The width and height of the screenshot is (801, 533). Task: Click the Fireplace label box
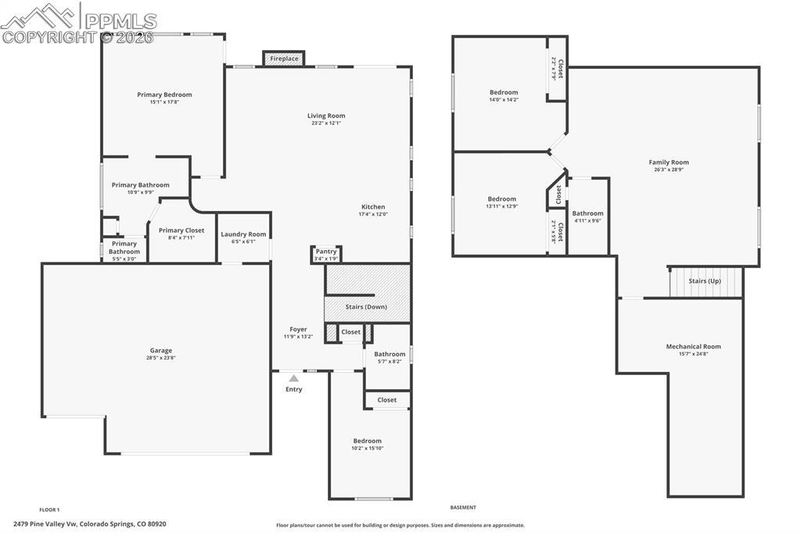point(284,59)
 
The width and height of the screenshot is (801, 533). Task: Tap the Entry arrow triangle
point(293,378)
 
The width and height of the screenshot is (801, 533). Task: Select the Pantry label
point(326,251)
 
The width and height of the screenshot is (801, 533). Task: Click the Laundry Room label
point(243,234)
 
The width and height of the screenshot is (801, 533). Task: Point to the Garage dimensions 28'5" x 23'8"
point(161,358)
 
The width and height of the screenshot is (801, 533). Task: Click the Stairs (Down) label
point(366,307)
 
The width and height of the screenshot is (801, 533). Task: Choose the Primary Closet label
point(181,231)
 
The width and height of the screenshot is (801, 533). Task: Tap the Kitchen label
point(373,207)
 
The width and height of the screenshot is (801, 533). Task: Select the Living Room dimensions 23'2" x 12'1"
point(326,123)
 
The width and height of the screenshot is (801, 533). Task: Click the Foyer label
point(298,329)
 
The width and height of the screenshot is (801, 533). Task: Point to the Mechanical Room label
point(693,346)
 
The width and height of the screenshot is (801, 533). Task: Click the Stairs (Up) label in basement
point(704,281)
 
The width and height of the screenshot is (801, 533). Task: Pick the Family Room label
point(669,163)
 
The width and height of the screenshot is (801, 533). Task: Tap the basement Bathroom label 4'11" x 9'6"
point(587,213)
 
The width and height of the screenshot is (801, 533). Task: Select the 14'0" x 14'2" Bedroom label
point(504,92)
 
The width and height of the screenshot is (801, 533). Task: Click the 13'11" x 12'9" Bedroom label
point(501,199)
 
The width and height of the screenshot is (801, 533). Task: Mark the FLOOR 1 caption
point(49,510)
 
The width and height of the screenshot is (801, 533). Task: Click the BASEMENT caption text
point(463,507)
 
